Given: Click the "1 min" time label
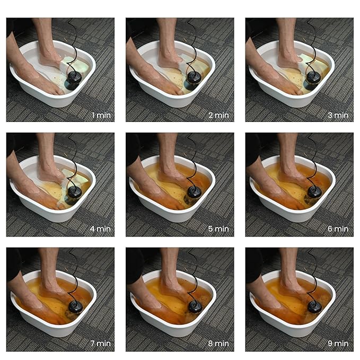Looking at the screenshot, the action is point(101,115).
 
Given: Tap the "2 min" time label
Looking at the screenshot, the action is point(218,115).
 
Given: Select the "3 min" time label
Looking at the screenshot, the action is point(338,115).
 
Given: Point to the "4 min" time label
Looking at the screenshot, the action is point(100,229).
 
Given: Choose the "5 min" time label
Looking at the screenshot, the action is point(218,229).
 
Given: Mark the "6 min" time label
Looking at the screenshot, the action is point(338,229).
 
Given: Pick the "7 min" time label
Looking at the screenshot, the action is point(101,344).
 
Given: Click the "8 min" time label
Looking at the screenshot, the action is point(218,344).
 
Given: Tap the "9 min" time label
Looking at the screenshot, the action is point(338,344).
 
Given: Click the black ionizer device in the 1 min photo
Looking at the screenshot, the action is point(73,80).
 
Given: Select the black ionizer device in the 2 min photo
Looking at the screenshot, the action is point(192,81).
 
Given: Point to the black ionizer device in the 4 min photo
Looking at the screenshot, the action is point(74,195).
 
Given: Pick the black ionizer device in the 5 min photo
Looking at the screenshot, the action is point(193,195).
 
